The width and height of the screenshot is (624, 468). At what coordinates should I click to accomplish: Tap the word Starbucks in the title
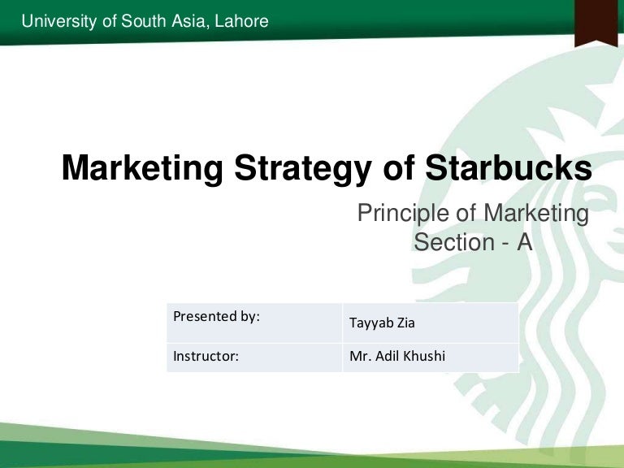coord(508,169)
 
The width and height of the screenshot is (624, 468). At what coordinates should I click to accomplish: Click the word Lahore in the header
coord(240,21)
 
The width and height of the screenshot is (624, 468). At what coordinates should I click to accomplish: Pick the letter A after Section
coord(523,242)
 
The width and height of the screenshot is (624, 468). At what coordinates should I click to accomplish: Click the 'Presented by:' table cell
coord(254,322)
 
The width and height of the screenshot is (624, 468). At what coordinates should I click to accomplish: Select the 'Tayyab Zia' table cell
coord(430,323)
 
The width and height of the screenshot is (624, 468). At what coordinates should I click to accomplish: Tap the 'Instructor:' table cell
coord(254,357)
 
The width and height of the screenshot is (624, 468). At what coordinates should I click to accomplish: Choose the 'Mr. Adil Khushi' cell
coord(430,357)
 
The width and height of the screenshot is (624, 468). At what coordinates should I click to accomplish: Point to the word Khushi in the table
coord(427,357)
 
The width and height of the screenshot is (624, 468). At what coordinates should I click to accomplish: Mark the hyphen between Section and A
coord(500,242)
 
